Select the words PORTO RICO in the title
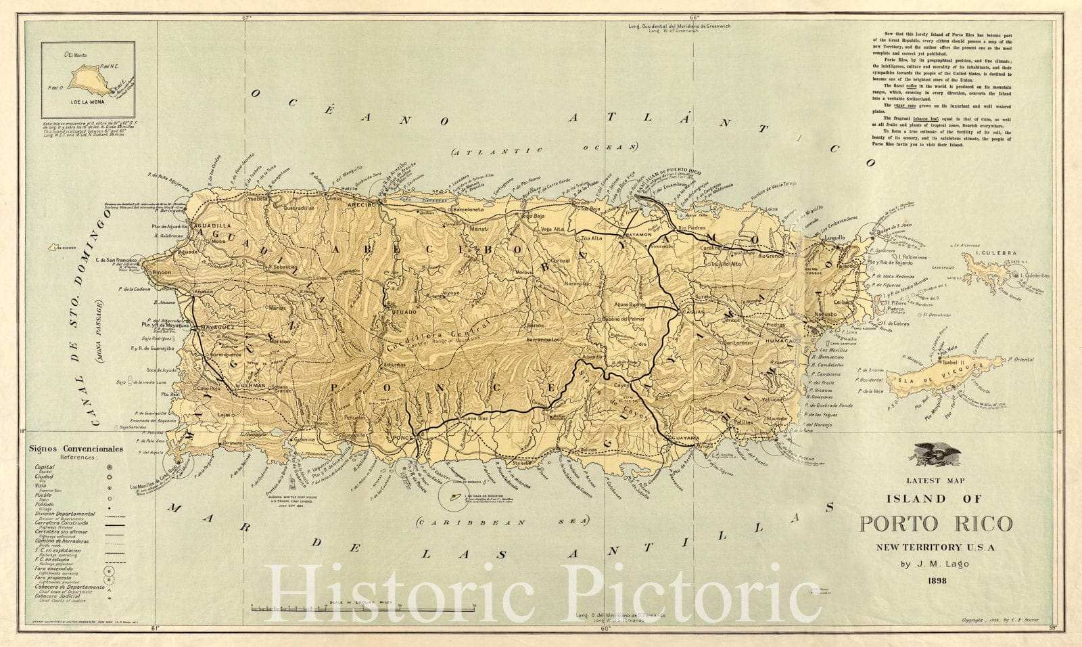[936, 524]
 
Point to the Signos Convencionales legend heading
[76, 449]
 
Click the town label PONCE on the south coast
[403, 439]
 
